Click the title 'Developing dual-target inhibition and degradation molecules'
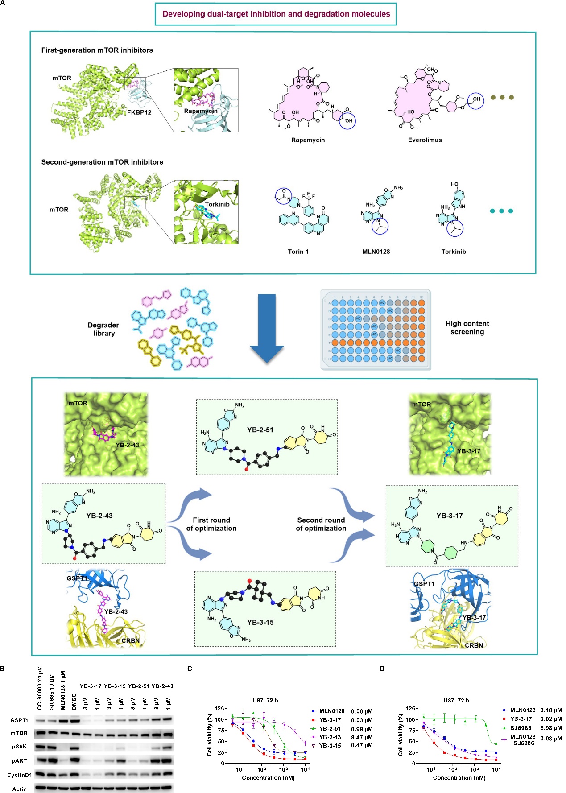(x=276, y=14)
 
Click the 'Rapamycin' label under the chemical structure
(x=308, y=140)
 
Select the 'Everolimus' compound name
(x=425, y=140)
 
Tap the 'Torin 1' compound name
(x=298, y=252)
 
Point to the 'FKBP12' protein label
(x=139, y=112)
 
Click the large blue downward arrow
(x=267, y=328)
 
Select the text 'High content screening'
(x=467, y=328)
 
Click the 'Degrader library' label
(x=103, y=329)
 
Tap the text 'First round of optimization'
(x=211, y=524)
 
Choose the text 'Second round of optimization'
(x=321, y=524)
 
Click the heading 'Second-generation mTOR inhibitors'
(x=102, y=162)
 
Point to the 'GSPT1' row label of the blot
(x=20, y=720)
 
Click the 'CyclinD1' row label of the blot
(x=19, y=775)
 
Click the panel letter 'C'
(x=190, y=669)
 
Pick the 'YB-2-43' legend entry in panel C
(x=330, y=737)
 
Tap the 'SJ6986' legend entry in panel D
(x=521, y=728)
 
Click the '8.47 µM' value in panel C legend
(x=362, y=737)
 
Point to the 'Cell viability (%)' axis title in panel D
(x=400, y=736)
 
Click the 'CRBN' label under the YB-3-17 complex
(x=474, y=645)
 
